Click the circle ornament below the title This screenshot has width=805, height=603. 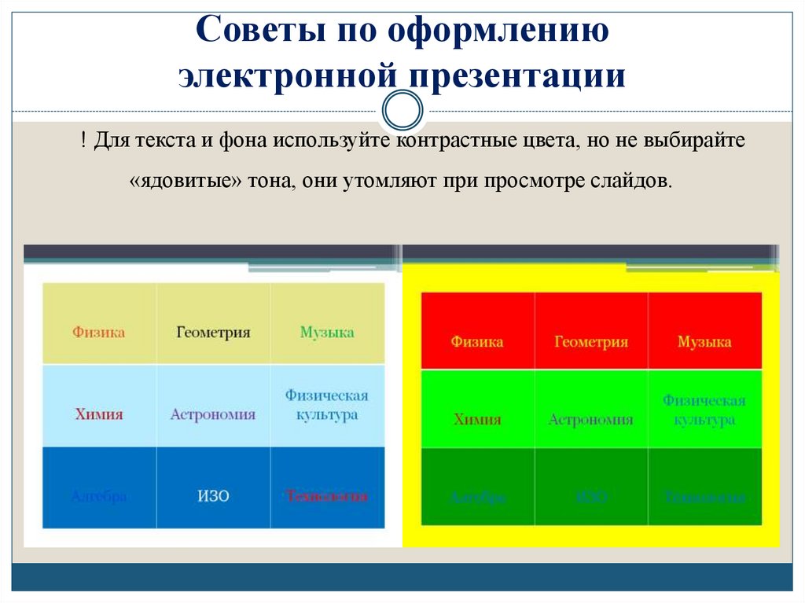[x=402, y=111]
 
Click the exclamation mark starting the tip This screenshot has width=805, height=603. [x=82, y=142]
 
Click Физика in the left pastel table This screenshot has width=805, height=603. [x=99, y=332]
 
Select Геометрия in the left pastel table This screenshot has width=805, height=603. [x=213, y=332]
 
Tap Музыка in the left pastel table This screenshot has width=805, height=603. [x=327, y=332]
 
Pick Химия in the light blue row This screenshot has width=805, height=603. [x=99, y=414]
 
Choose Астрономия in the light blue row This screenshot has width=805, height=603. [x=213, y=414]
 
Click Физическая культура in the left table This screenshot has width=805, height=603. [x=327, y=405]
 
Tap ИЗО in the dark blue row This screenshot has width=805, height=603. [x=213, y=496]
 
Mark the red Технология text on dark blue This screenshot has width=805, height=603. [x=327, y=496]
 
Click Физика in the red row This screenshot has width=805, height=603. [x=477, y=342]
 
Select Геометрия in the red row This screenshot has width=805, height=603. [x=591, y=342]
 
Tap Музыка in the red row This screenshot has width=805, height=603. [x=704, y=342]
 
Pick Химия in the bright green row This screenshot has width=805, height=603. [x=477, y=419]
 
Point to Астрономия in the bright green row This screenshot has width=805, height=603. [x=591, y=419]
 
